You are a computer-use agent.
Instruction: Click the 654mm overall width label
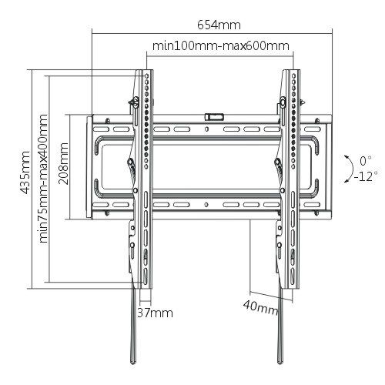coord(219,25)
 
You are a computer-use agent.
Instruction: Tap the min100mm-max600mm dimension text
coord(221,46)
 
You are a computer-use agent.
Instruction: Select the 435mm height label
coord(25,172)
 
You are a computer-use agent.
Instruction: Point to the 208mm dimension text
coord(63,163)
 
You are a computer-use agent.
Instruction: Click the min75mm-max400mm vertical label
coord(43,179)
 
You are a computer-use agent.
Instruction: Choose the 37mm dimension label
coord(155,313)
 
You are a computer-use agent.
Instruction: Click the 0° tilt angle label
coord(365,161)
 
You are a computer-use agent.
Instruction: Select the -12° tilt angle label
coord(366,176)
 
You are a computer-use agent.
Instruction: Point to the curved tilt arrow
coord(353,169)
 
